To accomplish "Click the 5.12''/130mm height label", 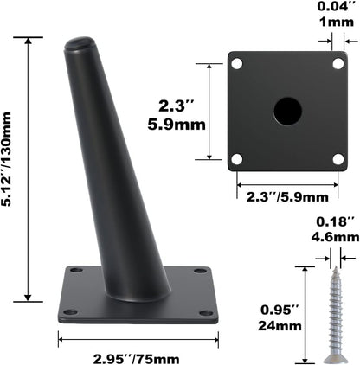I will (12, 169).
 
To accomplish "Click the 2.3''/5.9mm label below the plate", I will (286, 196).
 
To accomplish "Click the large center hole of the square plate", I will (287, 111).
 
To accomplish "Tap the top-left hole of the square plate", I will (237, 63).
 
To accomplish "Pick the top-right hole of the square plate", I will (337, 63).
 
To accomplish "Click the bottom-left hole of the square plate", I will (237, 158).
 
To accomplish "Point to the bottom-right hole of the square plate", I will (337, 158).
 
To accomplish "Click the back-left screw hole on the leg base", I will (76, 271).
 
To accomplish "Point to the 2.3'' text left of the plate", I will (178, 106).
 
